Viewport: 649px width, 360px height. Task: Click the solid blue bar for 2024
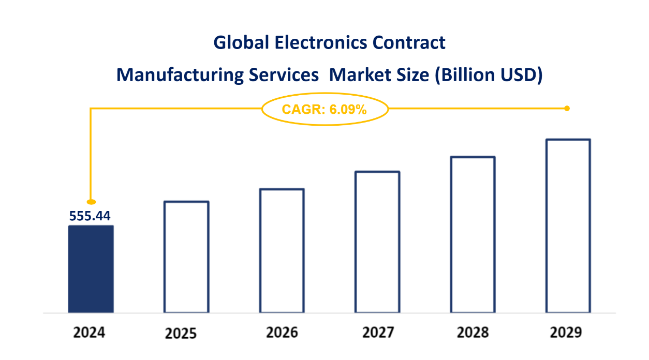click(91, 269)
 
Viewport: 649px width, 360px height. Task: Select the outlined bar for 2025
click(186, 257)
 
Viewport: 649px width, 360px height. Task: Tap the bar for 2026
click(282, 251)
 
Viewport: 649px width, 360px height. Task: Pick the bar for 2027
click(377, 242)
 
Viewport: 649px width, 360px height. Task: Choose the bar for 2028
click(473, 235)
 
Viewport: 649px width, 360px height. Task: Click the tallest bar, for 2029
click(568, 226)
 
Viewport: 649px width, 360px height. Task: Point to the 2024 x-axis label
click(89, 332)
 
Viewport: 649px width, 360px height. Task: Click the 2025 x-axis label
click(181, 334)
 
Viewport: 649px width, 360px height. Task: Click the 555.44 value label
click(90, 216)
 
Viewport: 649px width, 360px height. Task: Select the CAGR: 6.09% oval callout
click(325, 109)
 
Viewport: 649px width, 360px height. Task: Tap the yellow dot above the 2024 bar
click(91, 201)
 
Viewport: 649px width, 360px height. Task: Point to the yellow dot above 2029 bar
click(567, 108)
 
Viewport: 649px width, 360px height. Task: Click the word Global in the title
click(242, 42)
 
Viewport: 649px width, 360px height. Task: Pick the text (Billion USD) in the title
click(488, 75)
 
